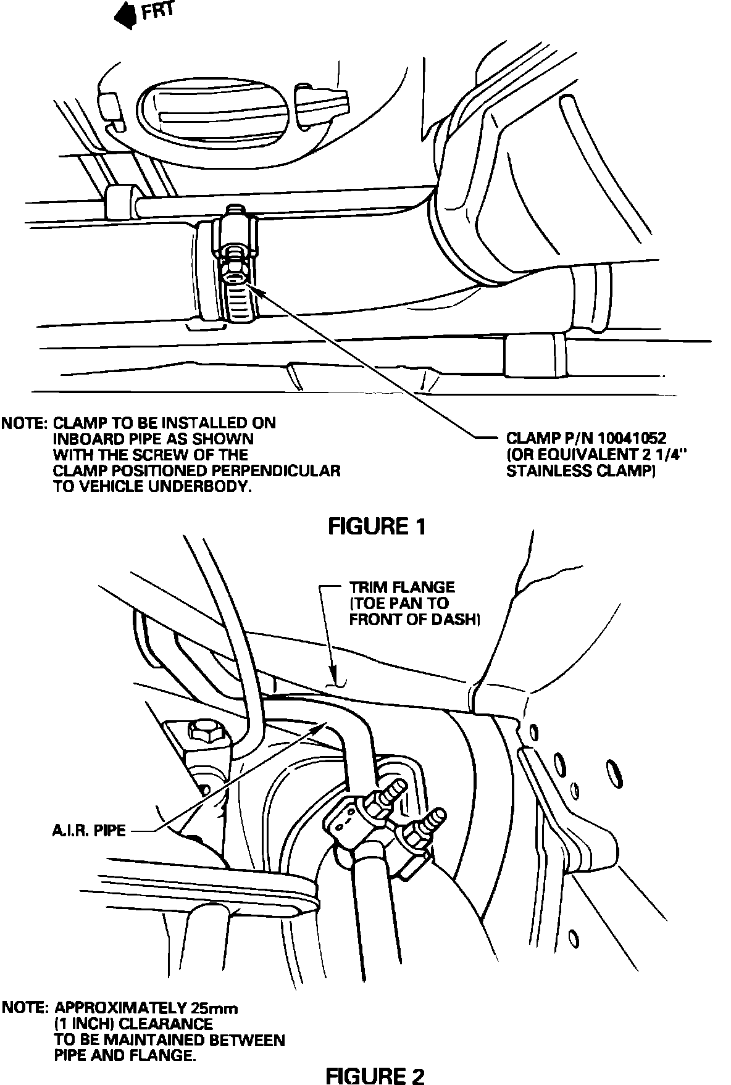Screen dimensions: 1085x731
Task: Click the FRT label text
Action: coord(159,12)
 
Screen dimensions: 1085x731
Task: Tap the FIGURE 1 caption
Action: coord(377,526)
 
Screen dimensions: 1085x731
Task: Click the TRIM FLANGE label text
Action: coord(402,587)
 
